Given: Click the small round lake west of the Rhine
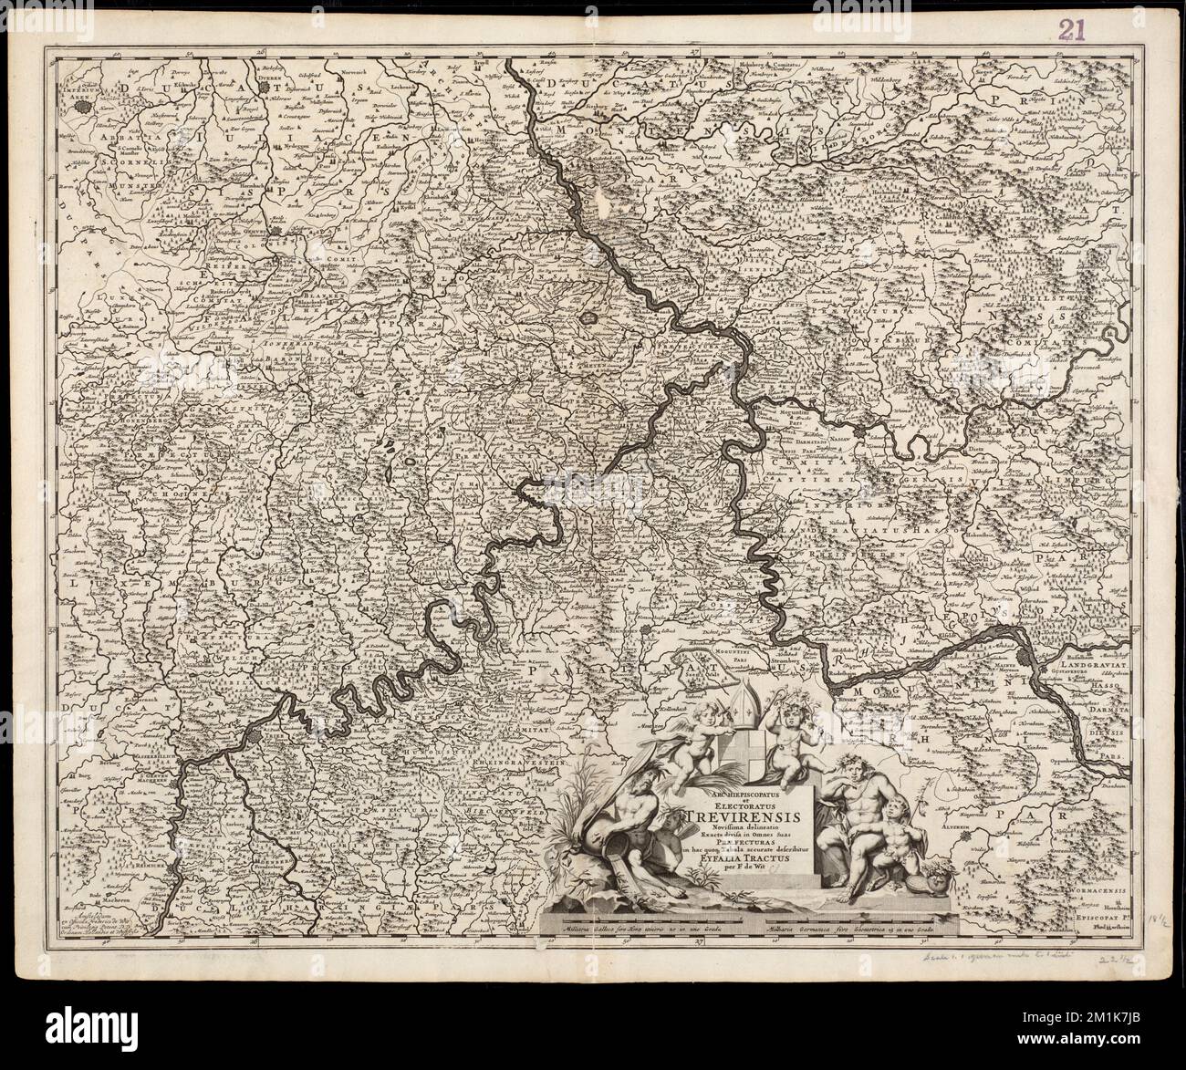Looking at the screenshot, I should pyautogui.click(x=591, y=319).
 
